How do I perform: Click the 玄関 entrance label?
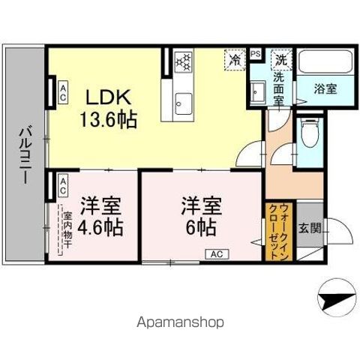point(310,228)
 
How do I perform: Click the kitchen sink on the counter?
point(182,100)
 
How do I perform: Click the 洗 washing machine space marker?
point(281,58)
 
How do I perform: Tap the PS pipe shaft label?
point(256,54)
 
